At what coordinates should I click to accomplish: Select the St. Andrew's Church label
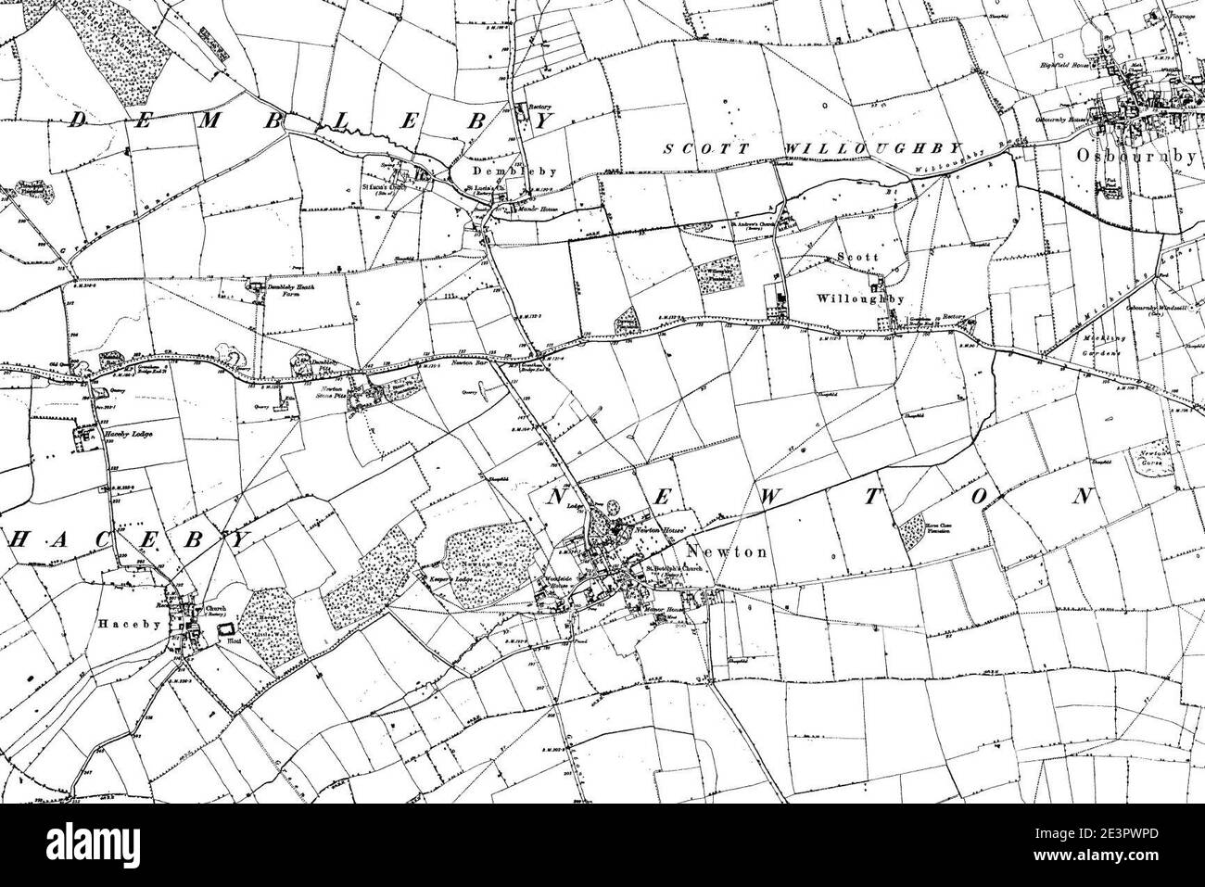pyautogui.click(x=747, y=222)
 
